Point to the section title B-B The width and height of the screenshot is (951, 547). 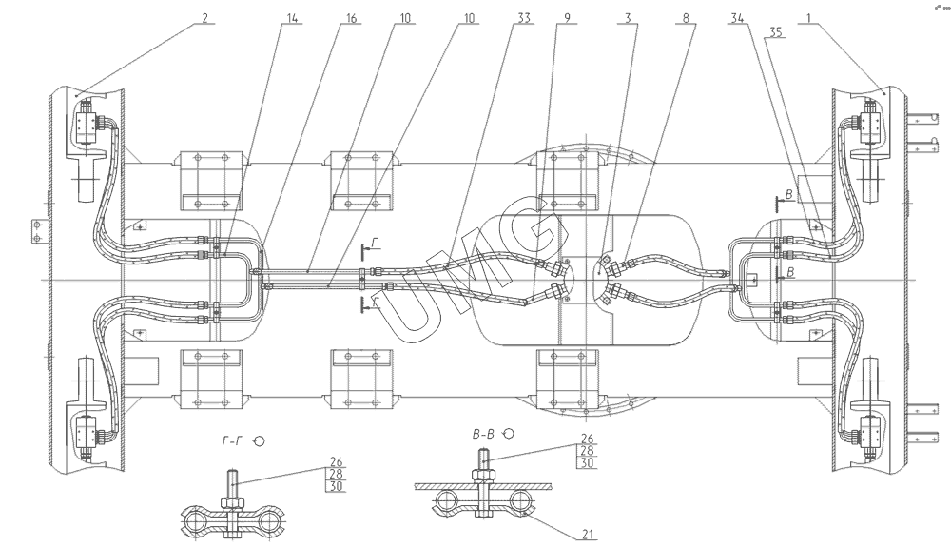(x=485, y=433)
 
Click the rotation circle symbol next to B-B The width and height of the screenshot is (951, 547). (x=509, y=433)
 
